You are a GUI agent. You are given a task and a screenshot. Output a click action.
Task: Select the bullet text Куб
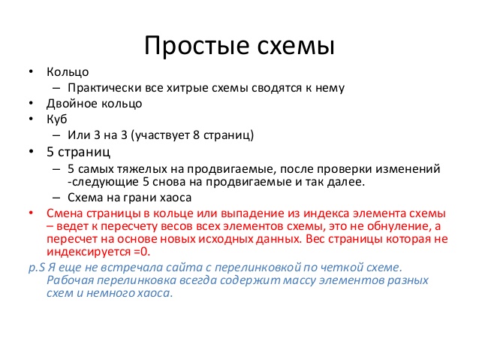pos(57,119)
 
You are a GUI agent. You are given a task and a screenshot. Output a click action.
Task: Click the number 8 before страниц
pos(197,135)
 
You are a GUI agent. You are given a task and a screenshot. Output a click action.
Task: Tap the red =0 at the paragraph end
pos(142,252)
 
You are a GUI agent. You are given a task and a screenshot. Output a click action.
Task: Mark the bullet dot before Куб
pos(31,118)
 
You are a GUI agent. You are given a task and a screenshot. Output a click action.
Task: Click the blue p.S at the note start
pos(37,268)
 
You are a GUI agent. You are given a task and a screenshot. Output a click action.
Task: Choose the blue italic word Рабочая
pos(71,280)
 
